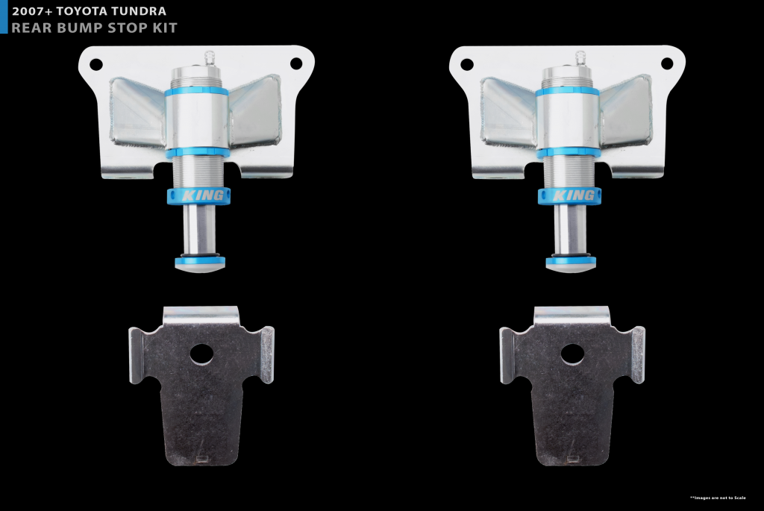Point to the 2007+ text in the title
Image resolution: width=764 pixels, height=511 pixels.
(31, 11)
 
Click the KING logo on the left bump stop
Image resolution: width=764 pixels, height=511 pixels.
(203, 196)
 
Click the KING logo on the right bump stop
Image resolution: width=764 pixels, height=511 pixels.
(574, 196)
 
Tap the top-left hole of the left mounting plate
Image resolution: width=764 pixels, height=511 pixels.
(96, 64)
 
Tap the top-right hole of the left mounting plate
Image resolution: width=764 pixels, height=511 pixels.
(296, 63)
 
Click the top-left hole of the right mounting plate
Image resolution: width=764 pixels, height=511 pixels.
(467, 64)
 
